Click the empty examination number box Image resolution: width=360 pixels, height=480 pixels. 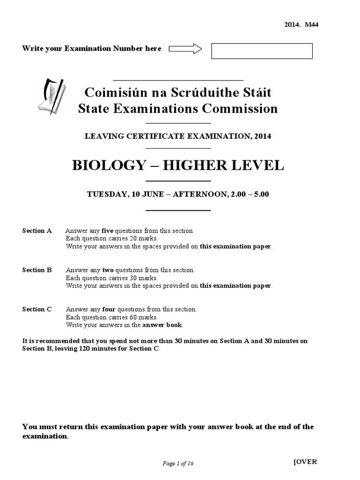[262, 51]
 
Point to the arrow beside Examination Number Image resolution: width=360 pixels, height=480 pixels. [185, 48]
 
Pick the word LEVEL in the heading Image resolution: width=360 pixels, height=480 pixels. [259, 165]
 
